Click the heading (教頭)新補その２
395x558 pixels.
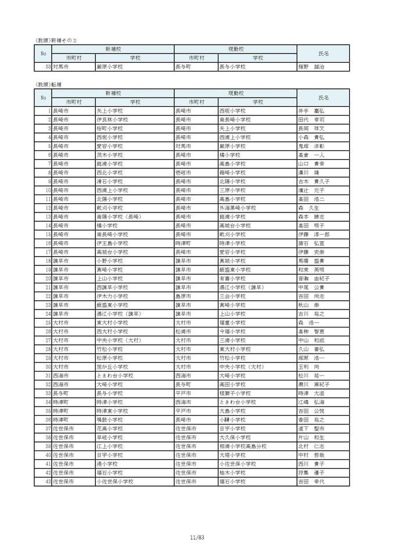tap(56, 40)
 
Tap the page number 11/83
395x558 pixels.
tap(197, 538)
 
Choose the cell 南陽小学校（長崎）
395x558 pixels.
tap(119, 217)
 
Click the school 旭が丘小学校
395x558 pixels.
tap(112, 367)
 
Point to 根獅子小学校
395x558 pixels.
tap(235, 393)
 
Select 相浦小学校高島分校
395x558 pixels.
tap(243, 447)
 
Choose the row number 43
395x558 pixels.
tap(49, 482)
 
